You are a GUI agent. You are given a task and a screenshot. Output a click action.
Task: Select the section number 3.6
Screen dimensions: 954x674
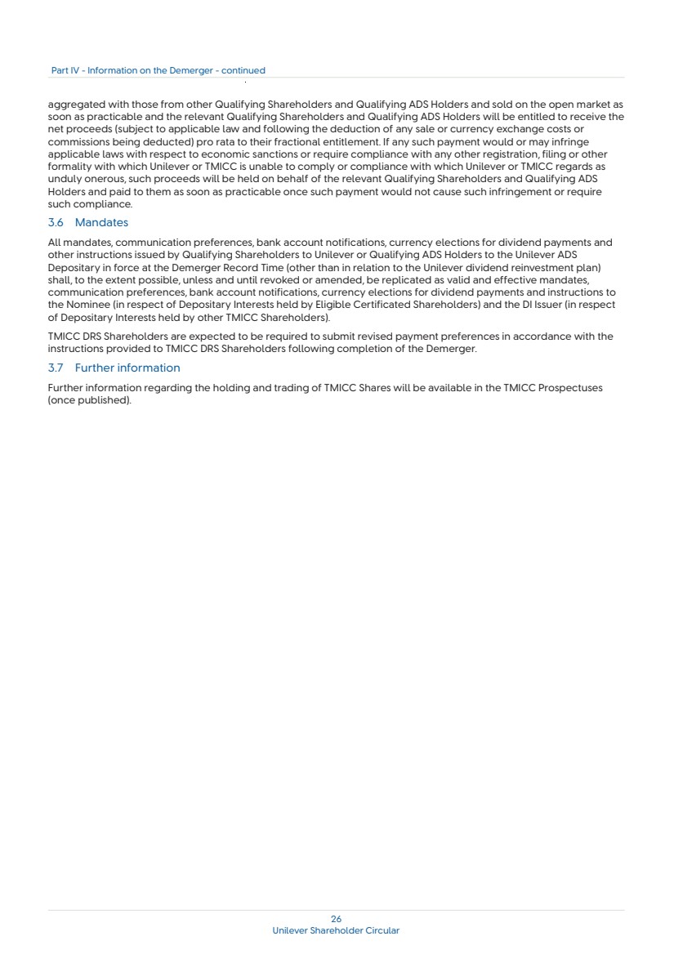[56, 222]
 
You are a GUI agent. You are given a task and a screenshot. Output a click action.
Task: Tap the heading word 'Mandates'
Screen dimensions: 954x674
[101, 222]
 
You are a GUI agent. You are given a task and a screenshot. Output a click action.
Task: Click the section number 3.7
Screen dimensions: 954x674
[56, 368]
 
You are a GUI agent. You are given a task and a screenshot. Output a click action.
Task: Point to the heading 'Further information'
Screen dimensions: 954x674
[127, 368]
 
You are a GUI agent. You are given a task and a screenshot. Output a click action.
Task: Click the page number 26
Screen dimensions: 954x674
[336, 920]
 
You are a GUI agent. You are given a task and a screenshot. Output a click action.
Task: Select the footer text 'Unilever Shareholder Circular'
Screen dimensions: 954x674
[336, 930]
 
